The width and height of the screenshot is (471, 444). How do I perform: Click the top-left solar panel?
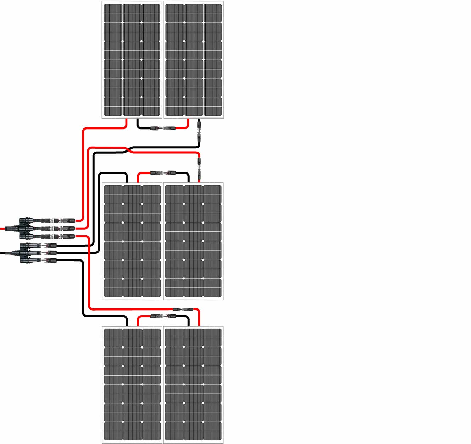[132, 59]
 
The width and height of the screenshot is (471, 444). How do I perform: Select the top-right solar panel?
[193, 59]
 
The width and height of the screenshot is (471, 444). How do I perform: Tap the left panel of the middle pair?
[132, 241]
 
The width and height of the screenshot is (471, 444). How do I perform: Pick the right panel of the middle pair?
[193, 241]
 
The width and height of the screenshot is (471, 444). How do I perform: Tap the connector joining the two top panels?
[163, 128]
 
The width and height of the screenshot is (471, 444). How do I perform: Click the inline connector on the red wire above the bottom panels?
[182, 309]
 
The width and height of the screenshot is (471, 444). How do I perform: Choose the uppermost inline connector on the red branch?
[59, 220]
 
